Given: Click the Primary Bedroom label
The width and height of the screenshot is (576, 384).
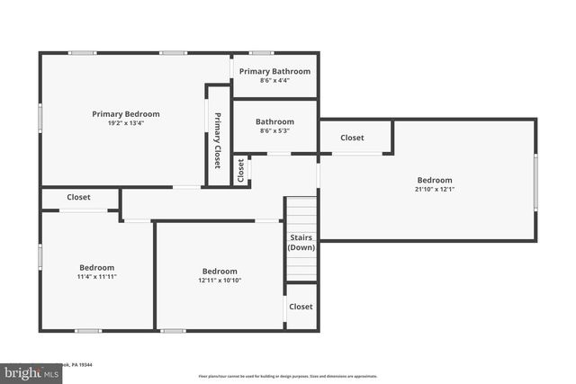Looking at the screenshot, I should [x=126, y=114].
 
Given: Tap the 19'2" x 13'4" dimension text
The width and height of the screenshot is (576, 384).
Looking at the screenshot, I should [x=126, y=124].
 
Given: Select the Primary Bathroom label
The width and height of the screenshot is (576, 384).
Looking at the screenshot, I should [x=274, y=72].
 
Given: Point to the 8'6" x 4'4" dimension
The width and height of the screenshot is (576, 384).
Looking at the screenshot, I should [x=274, y=81].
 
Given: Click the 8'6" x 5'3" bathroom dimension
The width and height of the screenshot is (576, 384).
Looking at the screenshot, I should [x=274, y=131].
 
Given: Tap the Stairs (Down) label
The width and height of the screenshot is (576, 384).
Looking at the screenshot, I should [x=301, y=243].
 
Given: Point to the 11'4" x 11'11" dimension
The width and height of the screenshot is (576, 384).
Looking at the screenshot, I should [x=97, y=277].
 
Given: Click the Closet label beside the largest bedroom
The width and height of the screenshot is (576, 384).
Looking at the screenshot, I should [x=353, y=138].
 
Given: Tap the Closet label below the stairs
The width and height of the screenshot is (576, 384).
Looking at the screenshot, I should [x=301, y=307].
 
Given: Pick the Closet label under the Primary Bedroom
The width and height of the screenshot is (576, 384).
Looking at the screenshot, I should [x=78, y=197].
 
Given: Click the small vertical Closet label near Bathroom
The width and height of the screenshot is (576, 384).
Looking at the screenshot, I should [x=241, y=170].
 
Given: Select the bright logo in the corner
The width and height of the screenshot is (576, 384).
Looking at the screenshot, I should [x=26, y=371].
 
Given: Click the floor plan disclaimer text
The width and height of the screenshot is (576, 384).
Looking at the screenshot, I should [x=288, y=376].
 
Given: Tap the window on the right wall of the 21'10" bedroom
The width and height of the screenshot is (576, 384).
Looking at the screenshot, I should [x=535, y=181].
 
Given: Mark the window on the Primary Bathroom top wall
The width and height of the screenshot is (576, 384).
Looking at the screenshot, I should [x=262, y=53].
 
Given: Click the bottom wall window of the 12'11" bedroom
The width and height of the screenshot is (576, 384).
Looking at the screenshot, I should [x=174, y=331].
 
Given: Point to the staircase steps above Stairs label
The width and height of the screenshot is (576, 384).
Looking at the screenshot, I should [x=301, y=214].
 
